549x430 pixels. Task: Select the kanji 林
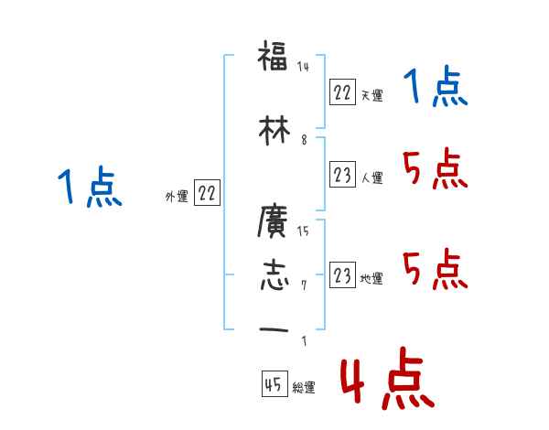click(x=274, y=131)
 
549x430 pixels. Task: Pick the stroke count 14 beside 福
click(x=304, y=67)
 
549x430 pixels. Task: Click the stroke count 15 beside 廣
click(x=303, y=231)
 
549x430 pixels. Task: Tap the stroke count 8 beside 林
click(x=303, y=139)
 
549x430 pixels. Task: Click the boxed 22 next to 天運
click(x=342, y=92)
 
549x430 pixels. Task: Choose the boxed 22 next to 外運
click(x=207, y=193)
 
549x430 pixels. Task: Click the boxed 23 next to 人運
click(x=342, y=176)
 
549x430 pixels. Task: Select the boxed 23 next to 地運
click(x=342, y=275)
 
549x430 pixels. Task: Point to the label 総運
click(x=304, y=388)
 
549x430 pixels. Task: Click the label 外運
click(x=177, y=196)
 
